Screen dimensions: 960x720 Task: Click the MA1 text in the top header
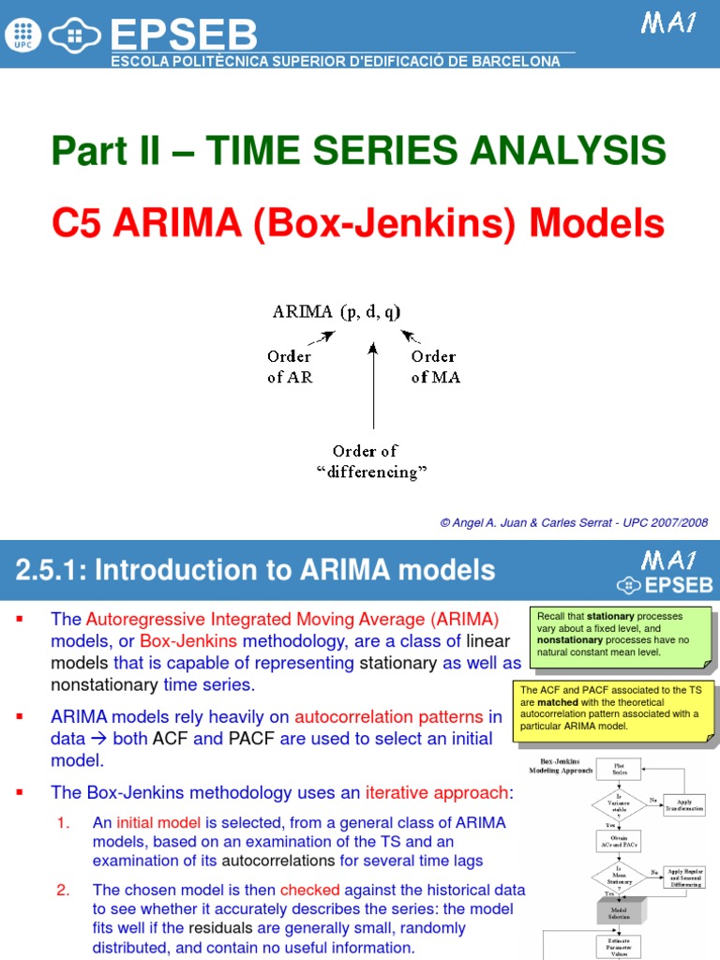click(668, 23)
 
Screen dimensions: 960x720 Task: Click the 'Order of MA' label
click(434, 367)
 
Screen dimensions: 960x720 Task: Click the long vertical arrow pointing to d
click(373, 384)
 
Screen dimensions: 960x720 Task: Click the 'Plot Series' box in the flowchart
click(619, 770)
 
